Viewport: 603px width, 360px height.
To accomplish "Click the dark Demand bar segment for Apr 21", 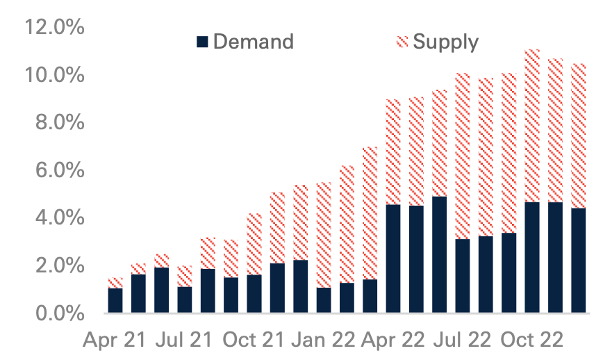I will (115, 300).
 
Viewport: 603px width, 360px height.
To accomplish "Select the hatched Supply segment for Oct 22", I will (532, 126).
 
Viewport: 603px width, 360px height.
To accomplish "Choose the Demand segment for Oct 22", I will (532, 257).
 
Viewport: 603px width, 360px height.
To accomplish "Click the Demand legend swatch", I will (203, 42).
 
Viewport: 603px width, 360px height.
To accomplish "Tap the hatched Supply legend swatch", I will (403, 42).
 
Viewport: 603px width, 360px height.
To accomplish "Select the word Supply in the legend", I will (445, 42).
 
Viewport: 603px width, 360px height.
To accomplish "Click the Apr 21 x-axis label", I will (115, 341).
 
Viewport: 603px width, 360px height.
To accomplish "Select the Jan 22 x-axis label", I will (324, 341).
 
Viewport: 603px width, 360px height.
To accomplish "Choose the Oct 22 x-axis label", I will (532, 341).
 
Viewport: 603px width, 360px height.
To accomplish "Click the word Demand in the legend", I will (253, 42).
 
